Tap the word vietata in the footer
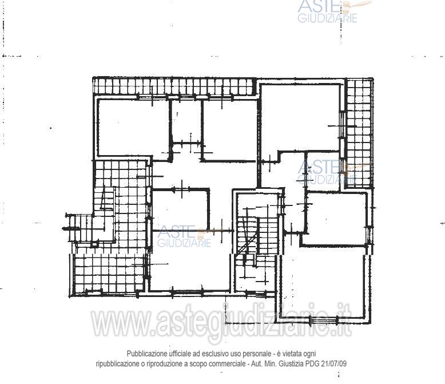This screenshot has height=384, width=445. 292,354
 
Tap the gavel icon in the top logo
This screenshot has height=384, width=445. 356,6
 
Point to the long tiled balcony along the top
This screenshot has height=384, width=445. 173,86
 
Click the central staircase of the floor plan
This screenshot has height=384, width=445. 257,242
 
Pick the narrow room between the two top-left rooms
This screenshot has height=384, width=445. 186,120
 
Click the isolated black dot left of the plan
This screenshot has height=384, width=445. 51,128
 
